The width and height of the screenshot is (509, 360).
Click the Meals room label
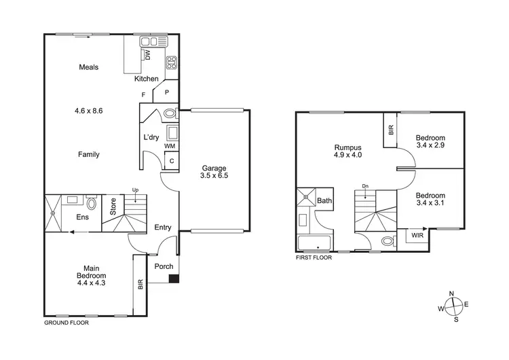[x=89, y=67]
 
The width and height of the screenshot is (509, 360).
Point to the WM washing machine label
[x=170, y=145]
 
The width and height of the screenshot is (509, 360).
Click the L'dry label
[x=151, y=137]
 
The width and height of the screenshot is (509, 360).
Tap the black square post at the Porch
[x=174, y=278]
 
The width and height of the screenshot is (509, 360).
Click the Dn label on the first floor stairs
[x=365, y=186]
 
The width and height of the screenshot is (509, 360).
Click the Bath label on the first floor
[x=324, y=200]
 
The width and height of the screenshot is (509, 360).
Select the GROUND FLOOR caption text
[x=67, y=323]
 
